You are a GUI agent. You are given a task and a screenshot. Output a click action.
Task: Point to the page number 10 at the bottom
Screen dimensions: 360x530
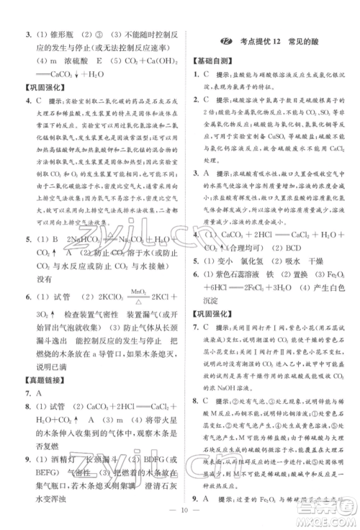pos(179,516)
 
